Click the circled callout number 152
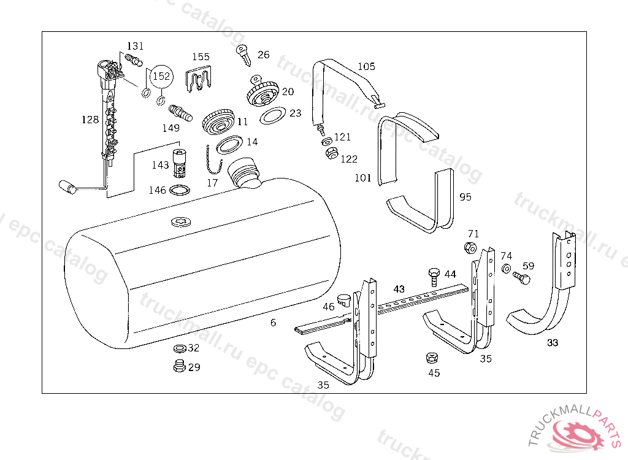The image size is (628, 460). coord(161,76)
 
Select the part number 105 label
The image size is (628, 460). coord(366,66)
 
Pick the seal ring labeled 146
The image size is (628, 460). coord(178,190)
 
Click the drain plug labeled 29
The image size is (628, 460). coord(178,367)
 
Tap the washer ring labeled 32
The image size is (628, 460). coord(180,348)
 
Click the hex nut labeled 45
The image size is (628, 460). coord(431,358)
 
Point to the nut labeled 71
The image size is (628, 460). coord(470,248)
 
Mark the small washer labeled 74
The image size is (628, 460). coord(506,269)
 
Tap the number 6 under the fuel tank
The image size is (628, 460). coord(273,323)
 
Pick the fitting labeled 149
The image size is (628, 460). coord(179,113)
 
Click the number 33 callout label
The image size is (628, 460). coord(553,343)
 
